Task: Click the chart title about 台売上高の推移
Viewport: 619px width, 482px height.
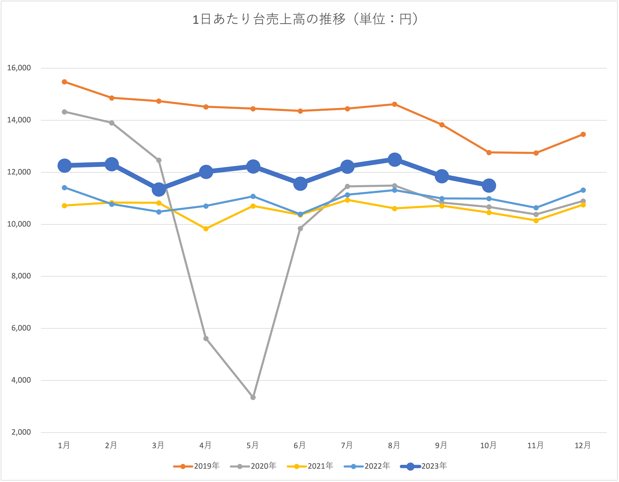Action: click(x=305, y=20)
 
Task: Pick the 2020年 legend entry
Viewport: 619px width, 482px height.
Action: click(x=253, y=466)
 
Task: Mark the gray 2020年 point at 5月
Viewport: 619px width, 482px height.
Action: click(x=253, y=398)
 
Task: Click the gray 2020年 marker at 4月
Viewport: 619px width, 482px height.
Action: click(x=206, y=339)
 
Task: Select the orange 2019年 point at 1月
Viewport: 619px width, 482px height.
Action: click(x=65, y=82)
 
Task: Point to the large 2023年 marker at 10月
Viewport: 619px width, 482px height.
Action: click(x=489, y=186)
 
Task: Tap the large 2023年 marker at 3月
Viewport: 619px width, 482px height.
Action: click(x=159, y=189)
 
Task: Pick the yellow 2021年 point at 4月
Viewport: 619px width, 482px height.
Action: click(x=206, y=229)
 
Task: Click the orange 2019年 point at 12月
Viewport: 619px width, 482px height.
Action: click(x=583, y=134)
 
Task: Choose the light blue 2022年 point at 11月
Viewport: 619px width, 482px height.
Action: click(x=536, y=208)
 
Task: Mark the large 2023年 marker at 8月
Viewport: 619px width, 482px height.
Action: click(x=394, y=160)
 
